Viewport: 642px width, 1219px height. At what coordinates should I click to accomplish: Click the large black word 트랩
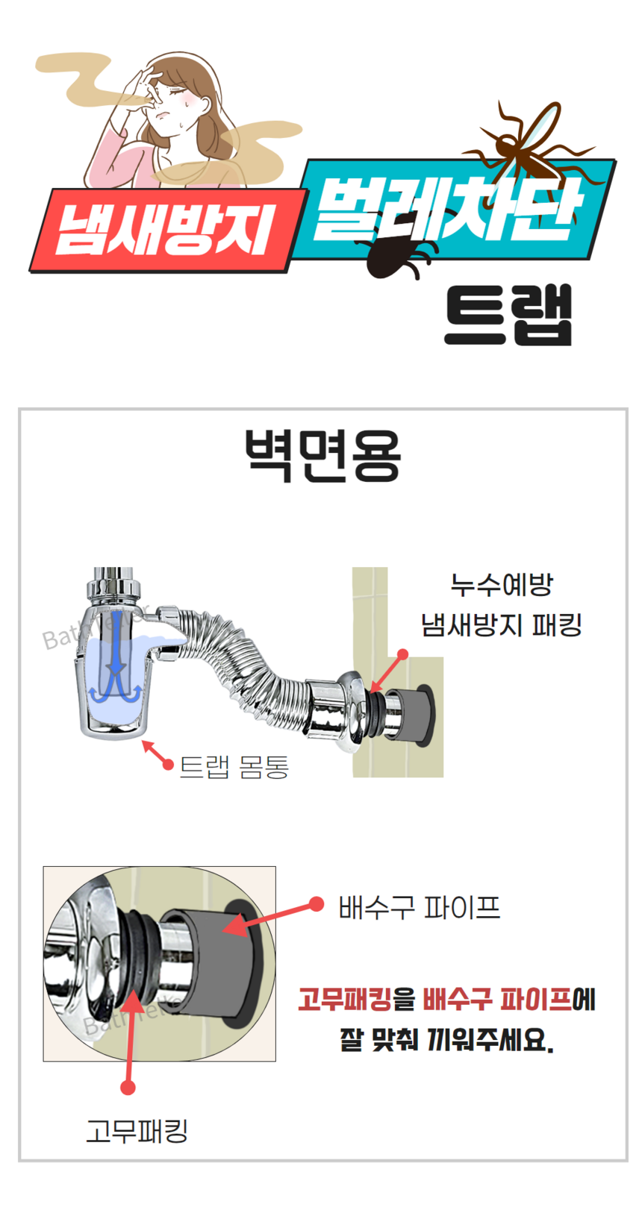coord(508,315)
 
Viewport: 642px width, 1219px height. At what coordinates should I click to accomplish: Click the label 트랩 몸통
coord(234,767)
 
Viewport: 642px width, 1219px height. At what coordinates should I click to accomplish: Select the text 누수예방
coord(501,585)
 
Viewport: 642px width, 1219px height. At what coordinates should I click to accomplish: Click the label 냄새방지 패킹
coord(501,624)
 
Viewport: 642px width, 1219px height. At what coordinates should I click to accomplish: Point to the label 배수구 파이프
coord(419,907)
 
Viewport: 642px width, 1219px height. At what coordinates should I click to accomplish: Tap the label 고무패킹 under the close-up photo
coord(137,1131)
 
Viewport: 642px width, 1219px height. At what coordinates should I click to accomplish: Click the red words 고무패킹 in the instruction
coord(344,999)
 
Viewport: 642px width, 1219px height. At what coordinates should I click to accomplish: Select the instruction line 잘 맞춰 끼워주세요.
coord(446,1039)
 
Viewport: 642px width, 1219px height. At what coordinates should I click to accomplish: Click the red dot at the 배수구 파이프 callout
coord(316,904)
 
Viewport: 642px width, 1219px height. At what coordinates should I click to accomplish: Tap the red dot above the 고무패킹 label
coord(128,1087)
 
